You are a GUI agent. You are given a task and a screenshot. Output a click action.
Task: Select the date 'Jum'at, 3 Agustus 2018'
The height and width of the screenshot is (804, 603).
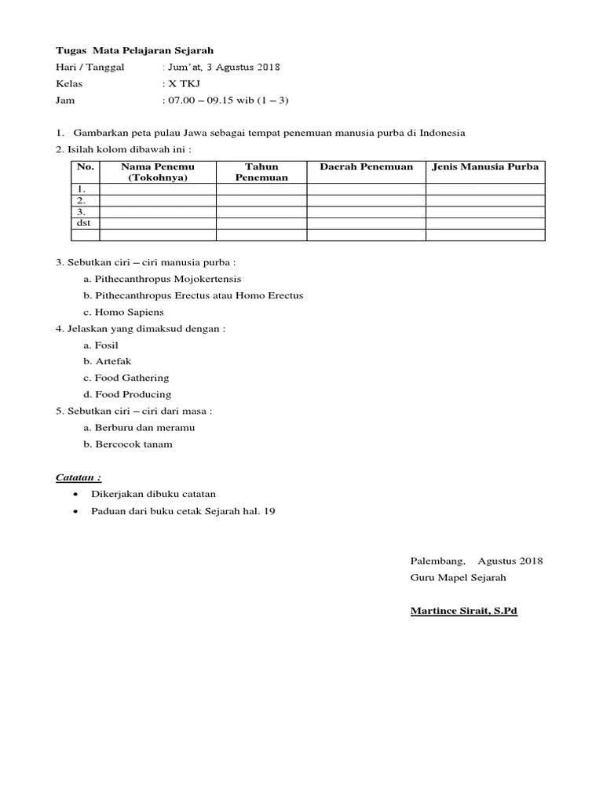tap(222, 67)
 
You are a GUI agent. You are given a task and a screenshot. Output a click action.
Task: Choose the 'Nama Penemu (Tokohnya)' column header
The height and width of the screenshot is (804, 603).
tap(157, 172)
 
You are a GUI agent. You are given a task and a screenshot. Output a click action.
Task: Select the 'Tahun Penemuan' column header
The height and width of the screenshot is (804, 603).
tap(261, 172)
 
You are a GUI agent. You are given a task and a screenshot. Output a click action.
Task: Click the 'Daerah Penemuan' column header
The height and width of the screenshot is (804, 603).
tap(366, 167)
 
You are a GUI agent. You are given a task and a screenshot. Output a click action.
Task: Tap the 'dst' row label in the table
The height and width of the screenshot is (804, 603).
tap(83, 223)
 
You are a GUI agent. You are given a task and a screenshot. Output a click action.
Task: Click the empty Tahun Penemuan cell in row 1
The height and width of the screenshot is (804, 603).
tap(261, 189)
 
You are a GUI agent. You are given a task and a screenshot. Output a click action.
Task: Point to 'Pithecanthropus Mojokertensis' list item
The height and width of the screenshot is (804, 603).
tap(168, 279)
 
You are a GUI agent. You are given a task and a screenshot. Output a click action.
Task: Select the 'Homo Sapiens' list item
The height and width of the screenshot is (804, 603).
tap(130, 312)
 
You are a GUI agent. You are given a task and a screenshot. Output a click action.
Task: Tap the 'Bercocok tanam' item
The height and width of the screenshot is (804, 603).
tap(133, 444)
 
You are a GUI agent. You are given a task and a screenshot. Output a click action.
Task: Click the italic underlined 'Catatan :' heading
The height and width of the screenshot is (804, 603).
tap(79, 477)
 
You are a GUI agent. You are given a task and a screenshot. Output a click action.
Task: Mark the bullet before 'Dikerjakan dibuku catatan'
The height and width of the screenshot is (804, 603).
tap(75, 494)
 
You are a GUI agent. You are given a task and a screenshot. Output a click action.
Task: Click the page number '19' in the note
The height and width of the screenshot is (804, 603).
tap(269, 511)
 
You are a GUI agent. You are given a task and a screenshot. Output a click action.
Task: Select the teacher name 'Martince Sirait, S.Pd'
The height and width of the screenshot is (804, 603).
tap(463, 610)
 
